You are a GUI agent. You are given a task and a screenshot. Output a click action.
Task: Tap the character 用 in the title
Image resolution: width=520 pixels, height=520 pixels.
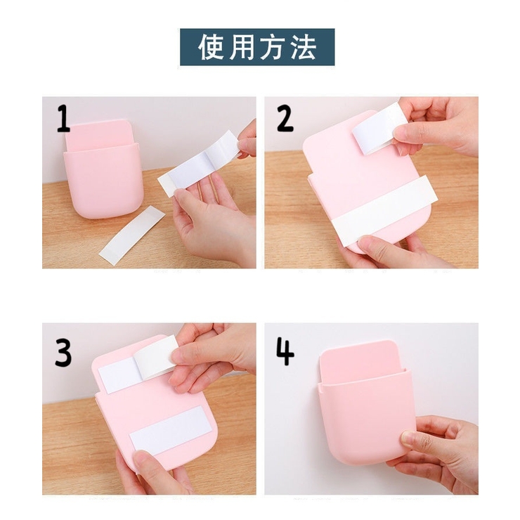coord(242,47)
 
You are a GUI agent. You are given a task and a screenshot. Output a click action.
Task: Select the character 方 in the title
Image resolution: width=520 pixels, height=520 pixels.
coord(272,47)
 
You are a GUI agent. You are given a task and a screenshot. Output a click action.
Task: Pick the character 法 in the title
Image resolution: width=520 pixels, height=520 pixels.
coord(302,47)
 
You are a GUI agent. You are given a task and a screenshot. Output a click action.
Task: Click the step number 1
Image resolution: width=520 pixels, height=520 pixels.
coord(63,118)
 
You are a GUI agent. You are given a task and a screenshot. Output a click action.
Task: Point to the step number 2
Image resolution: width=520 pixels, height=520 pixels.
coord(285,118)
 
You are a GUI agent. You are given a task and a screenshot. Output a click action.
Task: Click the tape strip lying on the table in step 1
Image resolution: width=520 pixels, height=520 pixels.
coord(132,235)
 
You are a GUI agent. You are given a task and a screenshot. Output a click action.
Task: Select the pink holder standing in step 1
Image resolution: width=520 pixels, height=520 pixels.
coord(103,169)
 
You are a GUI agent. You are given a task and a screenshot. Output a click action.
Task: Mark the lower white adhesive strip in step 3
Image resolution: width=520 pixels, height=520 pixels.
coord(171,430)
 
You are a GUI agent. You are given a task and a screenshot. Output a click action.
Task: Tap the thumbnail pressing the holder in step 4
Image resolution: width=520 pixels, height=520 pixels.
coord(408,438)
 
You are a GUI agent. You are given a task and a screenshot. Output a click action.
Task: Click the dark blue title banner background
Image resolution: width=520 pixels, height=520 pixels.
coord(257,47)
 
